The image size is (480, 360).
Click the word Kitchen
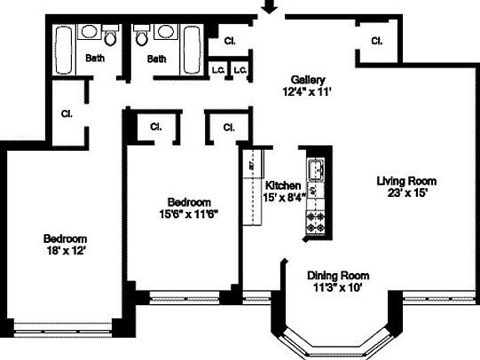pos(283,184)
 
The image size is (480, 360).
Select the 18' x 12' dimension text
pos(67,251)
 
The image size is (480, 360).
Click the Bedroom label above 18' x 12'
pos(67,239)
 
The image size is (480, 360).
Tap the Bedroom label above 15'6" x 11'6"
pos(188,201)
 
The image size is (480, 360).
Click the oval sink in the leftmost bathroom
pos(90,33)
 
